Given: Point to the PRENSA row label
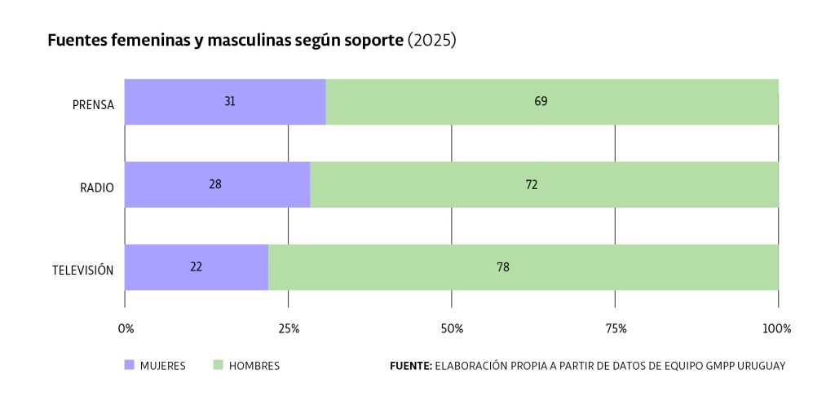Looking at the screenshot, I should [x=94, y=105].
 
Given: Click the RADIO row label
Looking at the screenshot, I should [x=97, y=188].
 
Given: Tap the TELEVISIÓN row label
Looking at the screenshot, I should [x=82, y=270].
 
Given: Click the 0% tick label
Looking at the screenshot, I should [x=126, y=329].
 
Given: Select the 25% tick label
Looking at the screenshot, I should [x=289, y=329].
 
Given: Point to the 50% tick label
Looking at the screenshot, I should [x=452, y=329].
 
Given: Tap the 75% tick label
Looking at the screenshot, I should [x=616, y=329].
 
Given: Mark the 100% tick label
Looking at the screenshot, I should [x=776, y=329].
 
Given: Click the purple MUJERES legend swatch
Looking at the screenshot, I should [x=130, y=366].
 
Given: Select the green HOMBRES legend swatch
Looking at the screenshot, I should [x=219, y=366].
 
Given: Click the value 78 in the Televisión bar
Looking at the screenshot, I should [x=503, y=267].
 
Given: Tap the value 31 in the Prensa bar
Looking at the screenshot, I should [x=230, y=102].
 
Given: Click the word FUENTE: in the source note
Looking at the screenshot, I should [x=411, y=366].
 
